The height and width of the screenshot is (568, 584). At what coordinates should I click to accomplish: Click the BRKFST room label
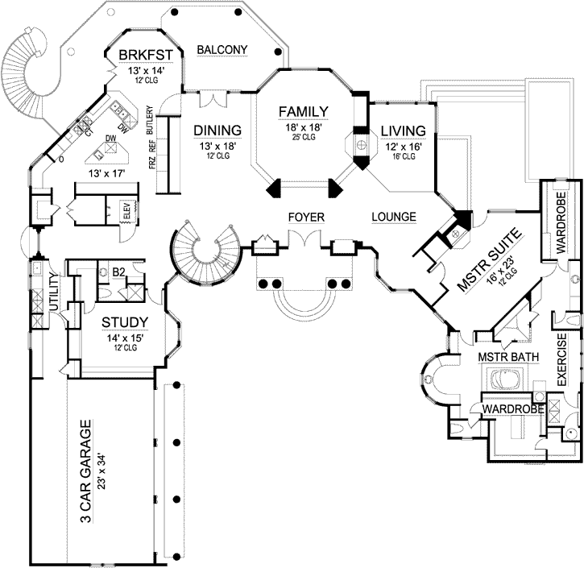click(141, 55)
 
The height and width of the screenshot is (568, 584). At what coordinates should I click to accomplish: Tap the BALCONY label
click(222, 50)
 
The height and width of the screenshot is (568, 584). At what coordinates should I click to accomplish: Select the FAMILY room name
click(303, 111)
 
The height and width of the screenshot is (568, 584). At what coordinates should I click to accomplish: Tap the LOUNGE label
click(394, 217)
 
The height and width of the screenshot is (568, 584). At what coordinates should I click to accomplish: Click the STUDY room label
click(124, 323)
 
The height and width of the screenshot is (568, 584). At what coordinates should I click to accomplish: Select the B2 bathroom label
click(118, 272)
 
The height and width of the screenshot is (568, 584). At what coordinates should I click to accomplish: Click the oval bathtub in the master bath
click(506, 378)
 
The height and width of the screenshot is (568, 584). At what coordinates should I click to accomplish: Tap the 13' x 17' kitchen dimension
click(107, 171)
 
